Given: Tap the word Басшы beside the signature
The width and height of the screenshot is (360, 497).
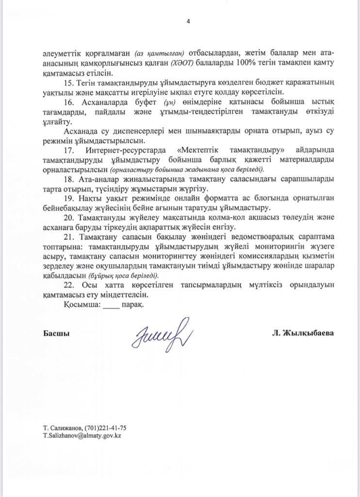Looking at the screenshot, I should click(x=56, y=333).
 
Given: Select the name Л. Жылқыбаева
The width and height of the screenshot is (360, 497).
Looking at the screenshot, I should click(x=303, y=333).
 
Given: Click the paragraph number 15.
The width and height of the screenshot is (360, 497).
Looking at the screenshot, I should click(x=69, y=83).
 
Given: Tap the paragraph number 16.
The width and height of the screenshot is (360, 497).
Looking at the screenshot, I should click(x=69, y=102).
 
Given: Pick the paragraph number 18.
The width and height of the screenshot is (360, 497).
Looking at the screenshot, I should click(x=69, y=179).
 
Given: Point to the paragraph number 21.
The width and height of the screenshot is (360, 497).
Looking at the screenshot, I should click(x=69, y=237).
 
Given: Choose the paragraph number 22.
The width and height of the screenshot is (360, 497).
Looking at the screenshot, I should click(x=69, y=285).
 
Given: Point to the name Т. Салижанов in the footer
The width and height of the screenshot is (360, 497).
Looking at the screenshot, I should click(x=62, y=428).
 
